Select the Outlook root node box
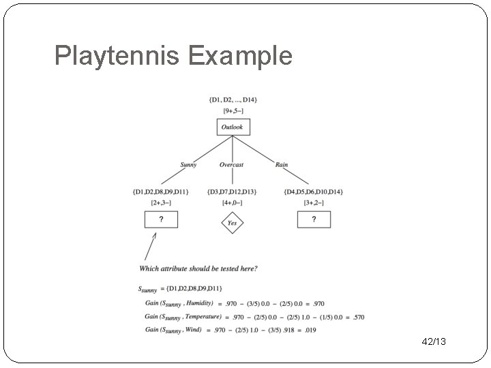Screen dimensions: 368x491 coord(232,127)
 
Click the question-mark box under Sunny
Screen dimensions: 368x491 coord(161,219)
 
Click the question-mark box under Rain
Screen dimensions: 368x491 coord(314,219)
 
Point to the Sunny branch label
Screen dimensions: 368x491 coord(188,165)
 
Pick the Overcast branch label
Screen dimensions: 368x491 coord(232,165)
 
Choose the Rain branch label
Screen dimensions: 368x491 coord(281,165)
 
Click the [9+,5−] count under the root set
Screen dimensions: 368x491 coord(233,110)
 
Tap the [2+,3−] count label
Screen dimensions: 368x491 coord(161,202)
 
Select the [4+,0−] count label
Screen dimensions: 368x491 coord(233,202)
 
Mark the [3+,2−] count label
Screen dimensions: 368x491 coord(314,202)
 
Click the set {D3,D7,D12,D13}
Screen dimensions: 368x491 coord(233,191)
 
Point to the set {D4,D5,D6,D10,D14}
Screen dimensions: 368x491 coord(314,191)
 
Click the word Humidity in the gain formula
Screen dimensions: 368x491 coord(198,303)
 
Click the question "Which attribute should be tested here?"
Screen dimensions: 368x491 coord(198,269)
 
